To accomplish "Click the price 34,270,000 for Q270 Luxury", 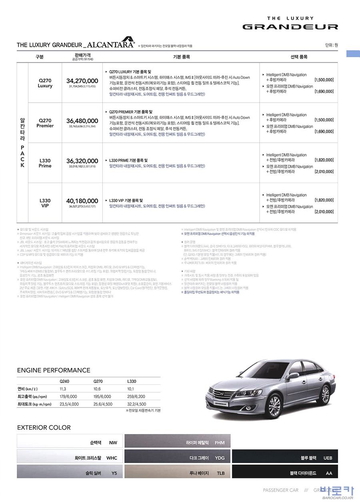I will point(82,81).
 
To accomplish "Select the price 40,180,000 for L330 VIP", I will point(82,201).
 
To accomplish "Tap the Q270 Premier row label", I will point(45,123).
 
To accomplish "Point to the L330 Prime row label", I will point(45,163).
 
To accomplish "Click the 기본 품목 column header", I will point(181,57).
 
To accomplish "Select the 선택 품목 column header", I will point(299,57).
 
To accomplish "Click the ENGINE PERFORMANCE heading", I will point(54,370).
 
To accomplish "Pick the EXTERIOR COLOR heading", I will point(44,428).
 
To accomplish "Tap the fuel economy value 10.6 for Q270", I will point(97,388).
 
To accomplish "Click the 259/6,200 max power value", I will point(136,396).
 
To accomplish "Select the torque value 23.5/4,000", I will point(69,404).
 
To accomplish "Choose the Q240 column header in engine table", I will point(64,381).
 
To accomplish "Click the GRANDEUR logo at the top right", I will point(290,27).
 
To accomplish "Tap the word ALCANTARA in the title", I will point(110,44).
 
